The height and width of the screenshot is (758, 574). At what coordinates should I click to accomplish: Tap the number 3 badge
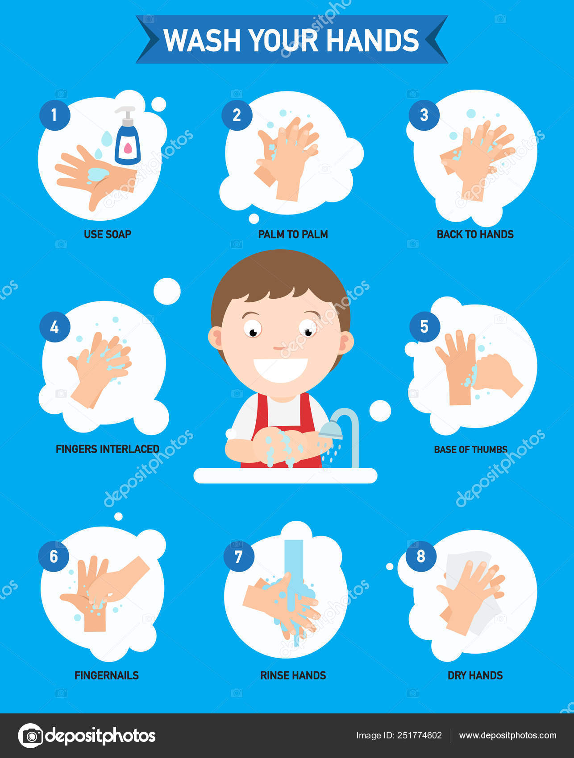424,115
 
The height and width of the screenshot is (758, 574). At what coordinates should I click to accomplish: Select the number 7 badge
239,556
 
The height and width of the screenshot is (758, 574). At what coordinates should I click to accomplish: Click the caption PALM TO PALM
293,234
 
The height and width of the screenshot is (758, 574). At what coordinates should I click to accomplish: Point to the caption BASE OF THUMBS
470,449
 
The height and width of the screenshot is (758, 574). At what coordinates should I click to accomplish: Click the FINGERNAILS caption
107,676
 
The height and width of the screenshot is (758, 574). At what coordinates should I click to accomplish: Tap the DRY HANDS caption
475,676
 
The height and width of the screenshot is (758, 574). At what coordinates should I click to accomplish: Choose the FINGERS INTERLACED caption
108,449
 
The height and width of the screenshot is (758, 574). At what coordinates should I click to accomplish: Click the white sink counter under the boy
285,475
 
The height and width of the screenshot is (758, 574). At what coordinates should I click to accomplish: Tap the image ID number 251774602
420,736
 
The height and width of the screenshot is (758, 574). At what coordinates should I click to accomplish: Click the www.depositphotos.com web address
507,736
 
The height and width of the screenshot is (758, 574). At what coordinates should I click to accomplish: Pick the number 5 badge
424,327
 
